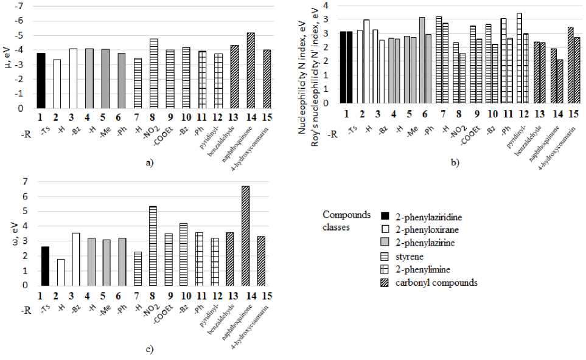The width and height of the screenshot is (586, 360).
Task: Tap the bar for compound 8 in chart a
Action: [154, 74]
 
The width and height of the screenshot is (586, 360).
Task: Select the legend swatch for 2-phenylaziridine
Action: [384, 216]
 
